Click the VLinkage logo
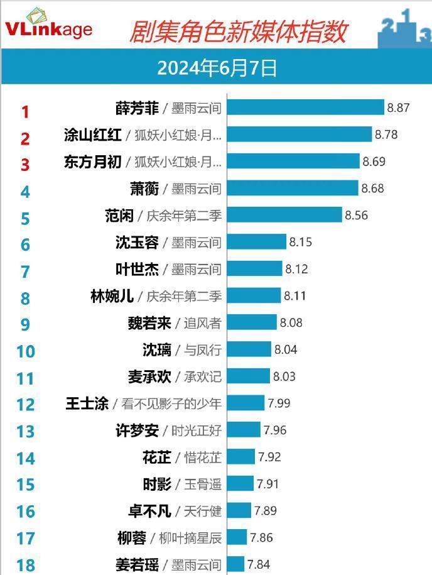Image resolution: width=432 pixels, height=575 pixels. click(x=48, y=25)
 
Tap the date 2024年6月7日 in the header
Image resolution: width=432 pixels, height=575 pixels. click(x=216, y=68)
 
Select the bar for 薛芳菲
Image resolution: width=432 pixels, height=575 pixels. click(x=305, y=107)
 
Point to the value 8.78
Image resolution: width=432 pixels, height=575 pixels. click(x=386, y=134)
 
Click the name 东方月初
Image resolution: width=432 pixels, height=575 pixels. click(x=92, y=162)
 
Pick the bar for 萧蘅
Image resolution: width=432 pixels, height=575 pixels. click(x=293, y=188)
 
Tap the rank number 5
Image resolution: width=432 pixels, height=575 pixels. click(x=25, y=219)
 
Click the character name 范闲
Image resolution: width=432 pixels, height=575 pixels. click(x=119, y=216)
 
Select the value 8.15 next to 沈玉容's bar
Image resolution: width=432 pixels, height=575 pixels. click(x=300, y=242)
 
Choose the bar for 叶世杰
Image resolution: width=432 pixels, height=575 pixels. click(x=255, y=269)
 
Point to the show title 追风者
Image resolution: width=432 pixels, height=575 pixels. click(x=202, y=323)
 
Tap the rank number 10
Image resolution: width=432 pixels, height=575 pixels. click(x=25, y=351)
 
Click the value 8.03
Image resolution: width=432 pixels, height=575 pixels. click(x=284, y=376)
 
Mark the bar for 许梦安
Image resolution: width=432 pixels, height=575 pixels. click(x=244, y=430)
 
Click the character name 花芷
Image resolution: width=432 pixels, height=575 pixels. click(x=156, y=457)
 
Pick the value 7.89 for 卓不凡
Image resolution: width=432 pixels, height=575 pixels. click(x=265, y=510)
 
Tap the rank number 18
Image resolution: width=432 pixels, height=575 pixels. click(x=25, y=565)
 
